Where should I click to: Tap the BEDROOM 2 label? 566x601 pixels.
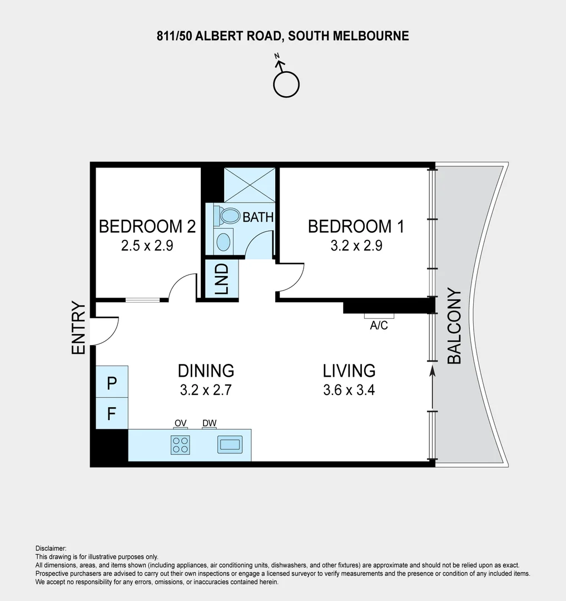pyautogui.click(x=147, y=226)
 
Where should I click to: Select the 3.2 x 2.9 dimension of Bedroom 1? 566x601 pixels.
pyautogui.click(x=356, y=245)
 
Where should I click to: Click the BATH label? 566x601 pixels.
pyautogui.click(x=258, y=217)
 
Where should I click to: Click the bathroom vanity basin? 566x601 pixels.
pyautogui.click(x=223, y=242)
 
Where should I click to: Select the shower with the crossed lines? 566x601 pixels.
pyautogui.click(x=249, y=185)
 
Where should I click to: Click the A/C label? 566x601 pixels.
pyautogui.click(x=379, y=326)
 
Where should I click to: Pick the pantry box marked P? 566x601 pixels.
pyautogui.click(x=112, y=382)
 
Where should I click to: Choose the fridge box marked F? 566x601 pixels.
pyautogui.click(x=112, y=413)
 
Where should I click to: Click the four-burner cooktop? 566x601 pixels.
pyautogui.click(x=180, y=445)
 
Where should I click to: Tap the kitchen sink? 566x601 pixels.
pyautogui.click(x=230, y=444)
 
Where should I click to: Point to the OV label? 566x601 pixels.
pyautogui.click(x=180, y=423)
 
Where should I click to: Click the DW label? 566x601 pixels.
pyautogui.click(x=209, y=423)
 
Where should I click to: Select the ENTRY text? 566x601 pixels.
pyautogui.click(x=78, y=328)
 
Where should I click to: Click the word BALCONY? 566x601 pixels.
pyautogui.click(x=454, y=326)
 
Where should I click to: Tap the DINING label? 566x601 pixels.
pyautogui.click(x=206, y=370)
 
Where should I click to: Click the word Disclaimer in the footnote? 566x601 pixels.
pyautogui.click(x=51, y=548)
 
